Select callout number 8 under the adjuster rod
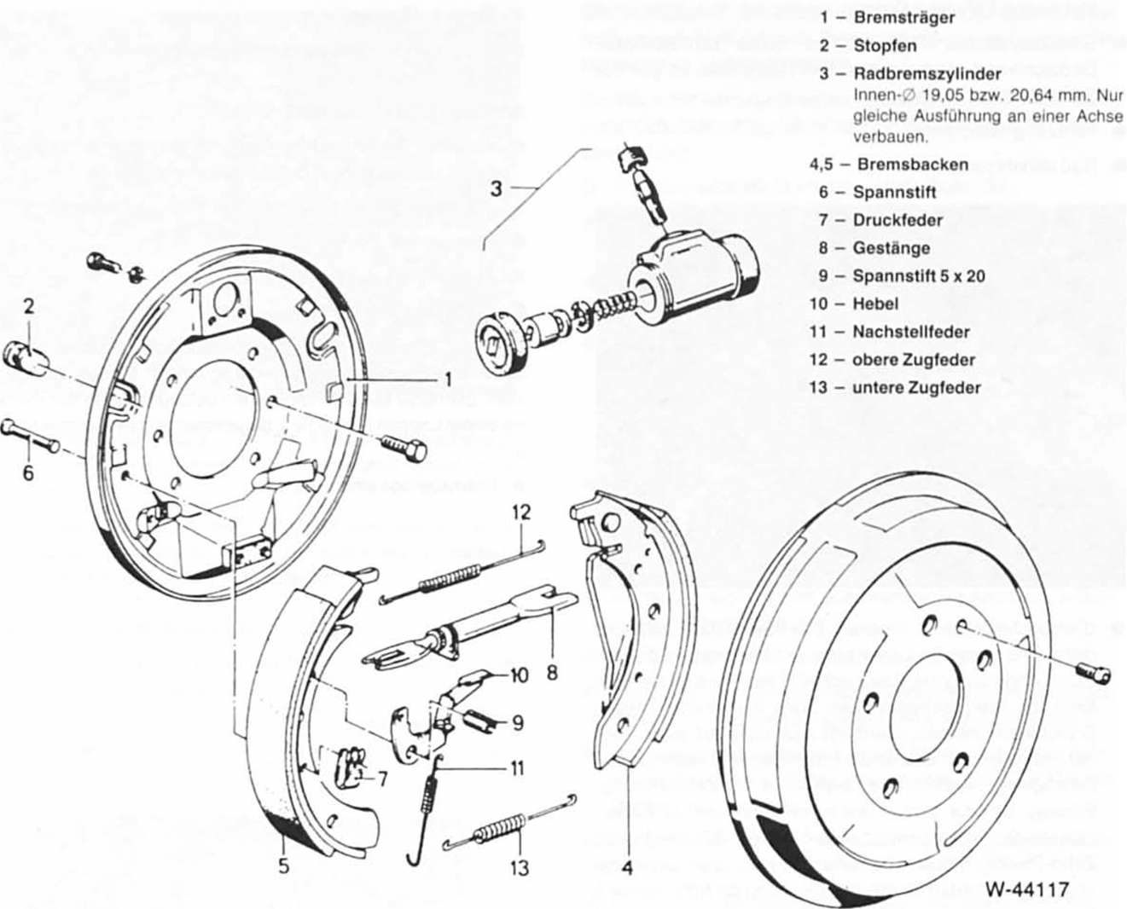pyautogui.click(x=552, y=673)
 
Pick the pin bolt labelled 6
pyautogui.click(x=32, y=440)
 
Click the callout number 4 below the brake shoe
pyautogui.click(x=628, y=868)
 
